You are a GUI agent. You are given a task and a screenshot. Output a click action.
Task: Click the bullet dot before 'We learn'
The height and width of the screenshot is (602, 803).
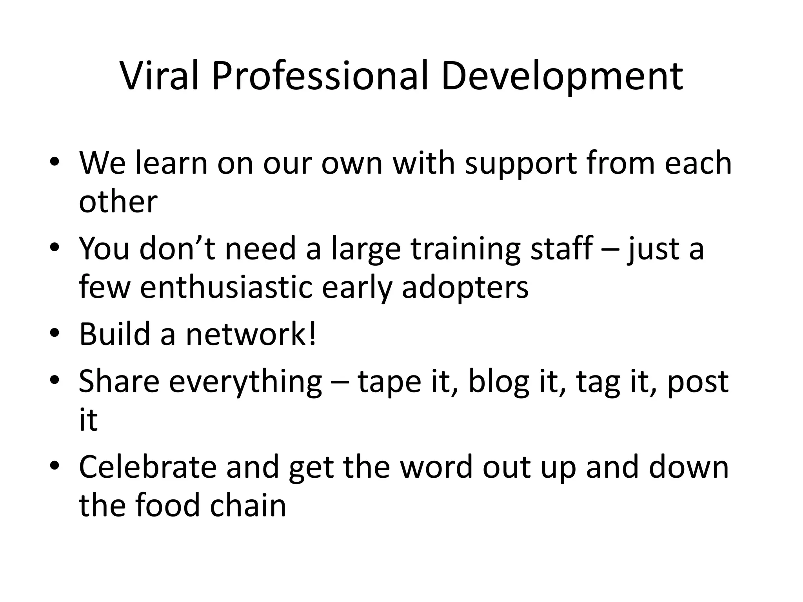[x=55, y=163]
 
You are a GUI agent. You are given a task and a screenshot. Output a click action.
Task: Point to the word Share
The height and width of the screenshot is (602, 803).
[x=119, y=381]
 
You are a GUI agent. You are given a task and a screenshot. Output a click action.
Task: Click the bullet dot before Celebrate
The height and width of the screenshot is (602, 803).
[x=55, y=466]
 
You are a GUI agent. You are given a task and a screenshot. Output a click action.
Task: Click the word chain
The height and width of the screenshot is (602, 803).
[x=248, y=505]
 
